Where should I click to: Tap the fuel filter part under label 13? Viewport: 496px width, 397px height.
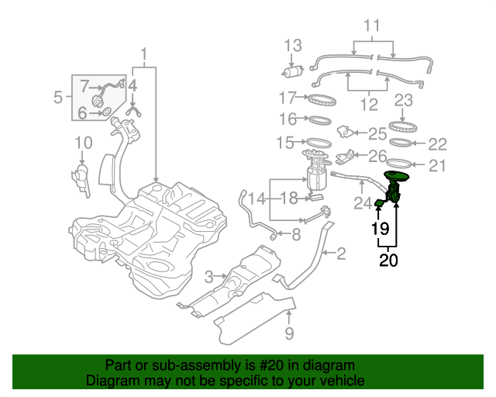click(x=292, y=72)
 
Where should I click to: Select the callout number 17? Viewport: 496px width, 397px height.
click(x=288, y=98)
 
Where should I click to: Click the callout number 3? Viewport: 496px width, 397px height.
click(x=208, y=277)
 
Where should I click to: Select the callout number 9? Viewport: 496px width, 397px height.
click(x=289, y=334)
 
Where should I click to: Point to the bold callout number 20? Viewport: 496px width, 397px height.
click(x=388, y=261)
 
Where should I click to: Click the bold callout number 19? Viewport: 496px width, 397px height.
click(x=379, y=229)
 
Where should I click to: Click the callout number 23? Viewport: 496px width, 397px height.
click(x=403, y=100)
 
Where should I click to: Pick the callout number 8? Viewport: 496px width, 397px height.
click(x=296, y=234)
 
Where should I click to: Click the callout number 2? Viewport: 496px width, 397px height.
click(x=340, y=253)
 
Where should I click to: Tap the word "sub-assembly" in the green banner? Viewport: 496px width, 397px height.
click(x=175, y=365)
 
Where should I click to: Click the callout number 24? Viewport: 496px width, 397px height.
click(x=363, y=204)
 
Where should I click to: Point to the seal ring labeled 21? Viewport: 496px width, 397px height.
click(x=399, y=164)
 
